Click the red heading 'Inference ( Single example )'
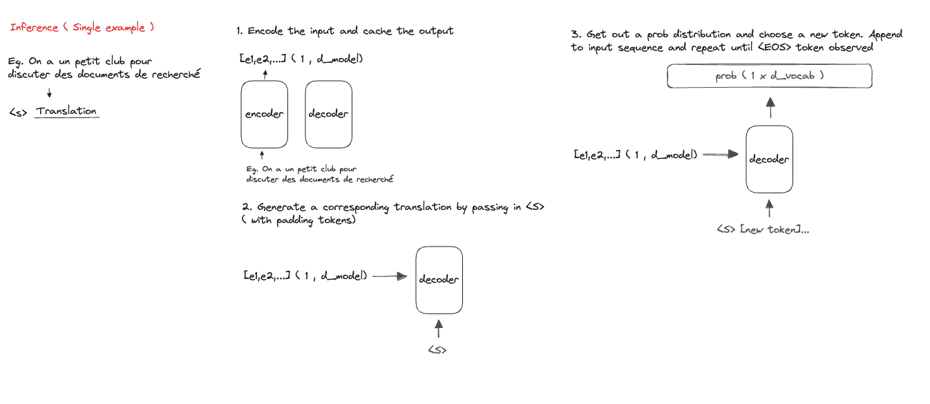point(82,28)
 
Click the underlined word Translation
point(67,111)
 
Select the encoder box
point(264,114)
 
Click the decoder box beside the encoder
point(328,114)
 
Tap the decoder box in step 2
point(439,280)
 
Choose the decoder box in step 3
point(769,159)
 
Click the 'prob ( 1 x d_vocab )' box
point(769,76)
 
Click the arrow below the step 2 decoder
point(437,328)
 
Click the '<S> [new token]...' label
point(762,229)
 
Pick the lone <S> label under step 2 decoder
point(437,349)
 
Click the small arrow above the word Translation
point(49,93)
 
